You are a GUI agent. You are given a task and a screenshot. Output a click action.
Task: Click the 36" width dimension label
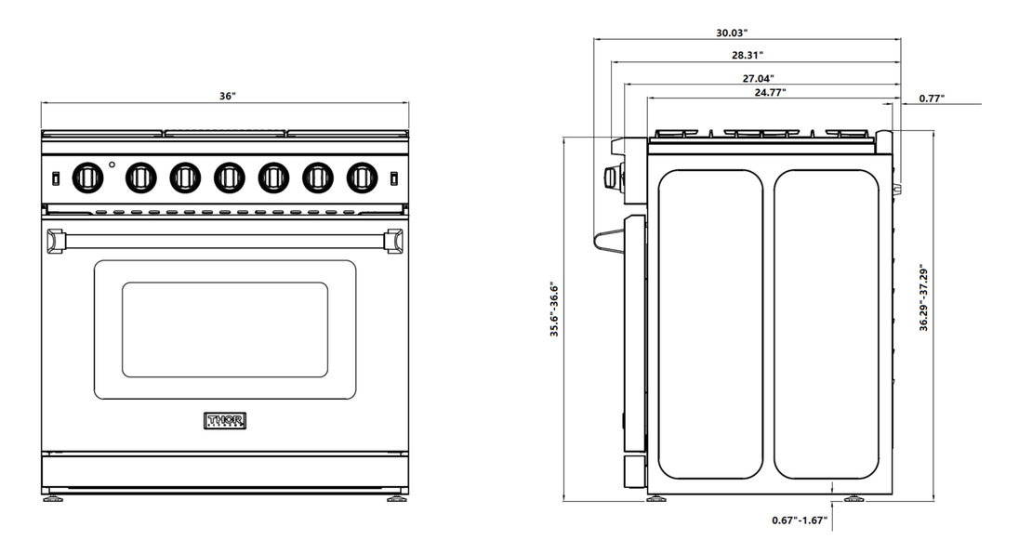tap(227, 96)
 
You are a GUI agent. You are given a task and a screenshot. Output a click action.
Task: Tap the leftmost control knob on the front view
tap(86, 176)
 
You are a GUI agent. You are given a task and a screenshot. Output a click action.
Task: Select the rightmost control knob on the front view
tap(361, 176)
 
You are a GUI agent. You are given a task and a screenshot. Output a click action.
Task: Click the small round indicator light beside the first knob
tap(112, 165)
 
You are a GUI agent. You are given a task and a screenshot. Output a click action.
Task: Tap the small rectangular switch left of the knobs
tap(56, 177)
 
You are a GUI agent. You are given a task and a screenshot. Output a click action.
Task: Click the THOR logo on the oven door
tap(224, 420)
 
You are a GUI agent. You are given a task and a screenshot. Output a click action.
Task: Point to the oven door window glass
tap(224, 330)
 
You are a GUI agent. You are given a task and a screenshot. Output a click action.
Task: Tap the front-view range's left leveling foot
tap(52, 498)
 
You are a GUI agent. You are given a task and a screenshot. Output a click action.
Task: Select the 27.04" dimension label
tap(758, 78)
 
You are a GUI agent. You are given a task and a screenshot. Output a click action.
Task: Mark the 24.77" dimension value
tap(771, 91)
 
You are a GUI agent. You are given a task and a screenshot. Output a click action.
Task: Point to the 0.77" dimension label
tap(932, 98)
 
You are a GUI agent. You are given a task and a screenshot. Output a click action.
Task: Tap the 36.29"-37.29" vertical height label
tap(922, 299)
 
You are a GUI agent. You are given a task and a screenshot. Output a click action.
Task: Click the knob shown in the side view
tap(613, 178)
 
